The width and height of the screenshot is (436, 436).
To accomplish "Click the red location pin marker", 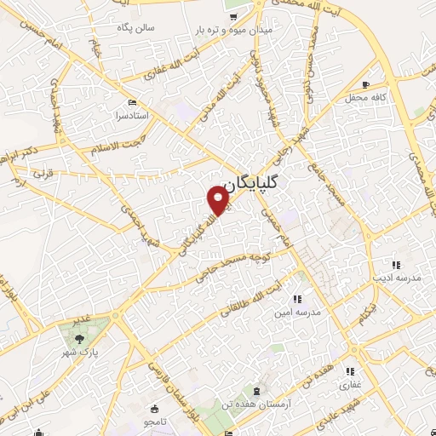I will coord(219,200).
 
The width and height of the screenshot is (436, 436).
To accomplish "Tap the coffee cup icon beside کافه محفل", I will coord(365,84).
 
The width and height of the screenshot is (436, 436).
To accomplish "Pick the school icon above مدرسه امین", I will coord(296,299).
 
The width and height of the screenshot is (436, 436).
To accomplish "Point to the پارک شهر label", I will coord(83,350).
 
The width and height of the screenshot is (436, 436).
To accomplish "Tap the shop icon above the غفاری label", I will coord(350,372).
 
